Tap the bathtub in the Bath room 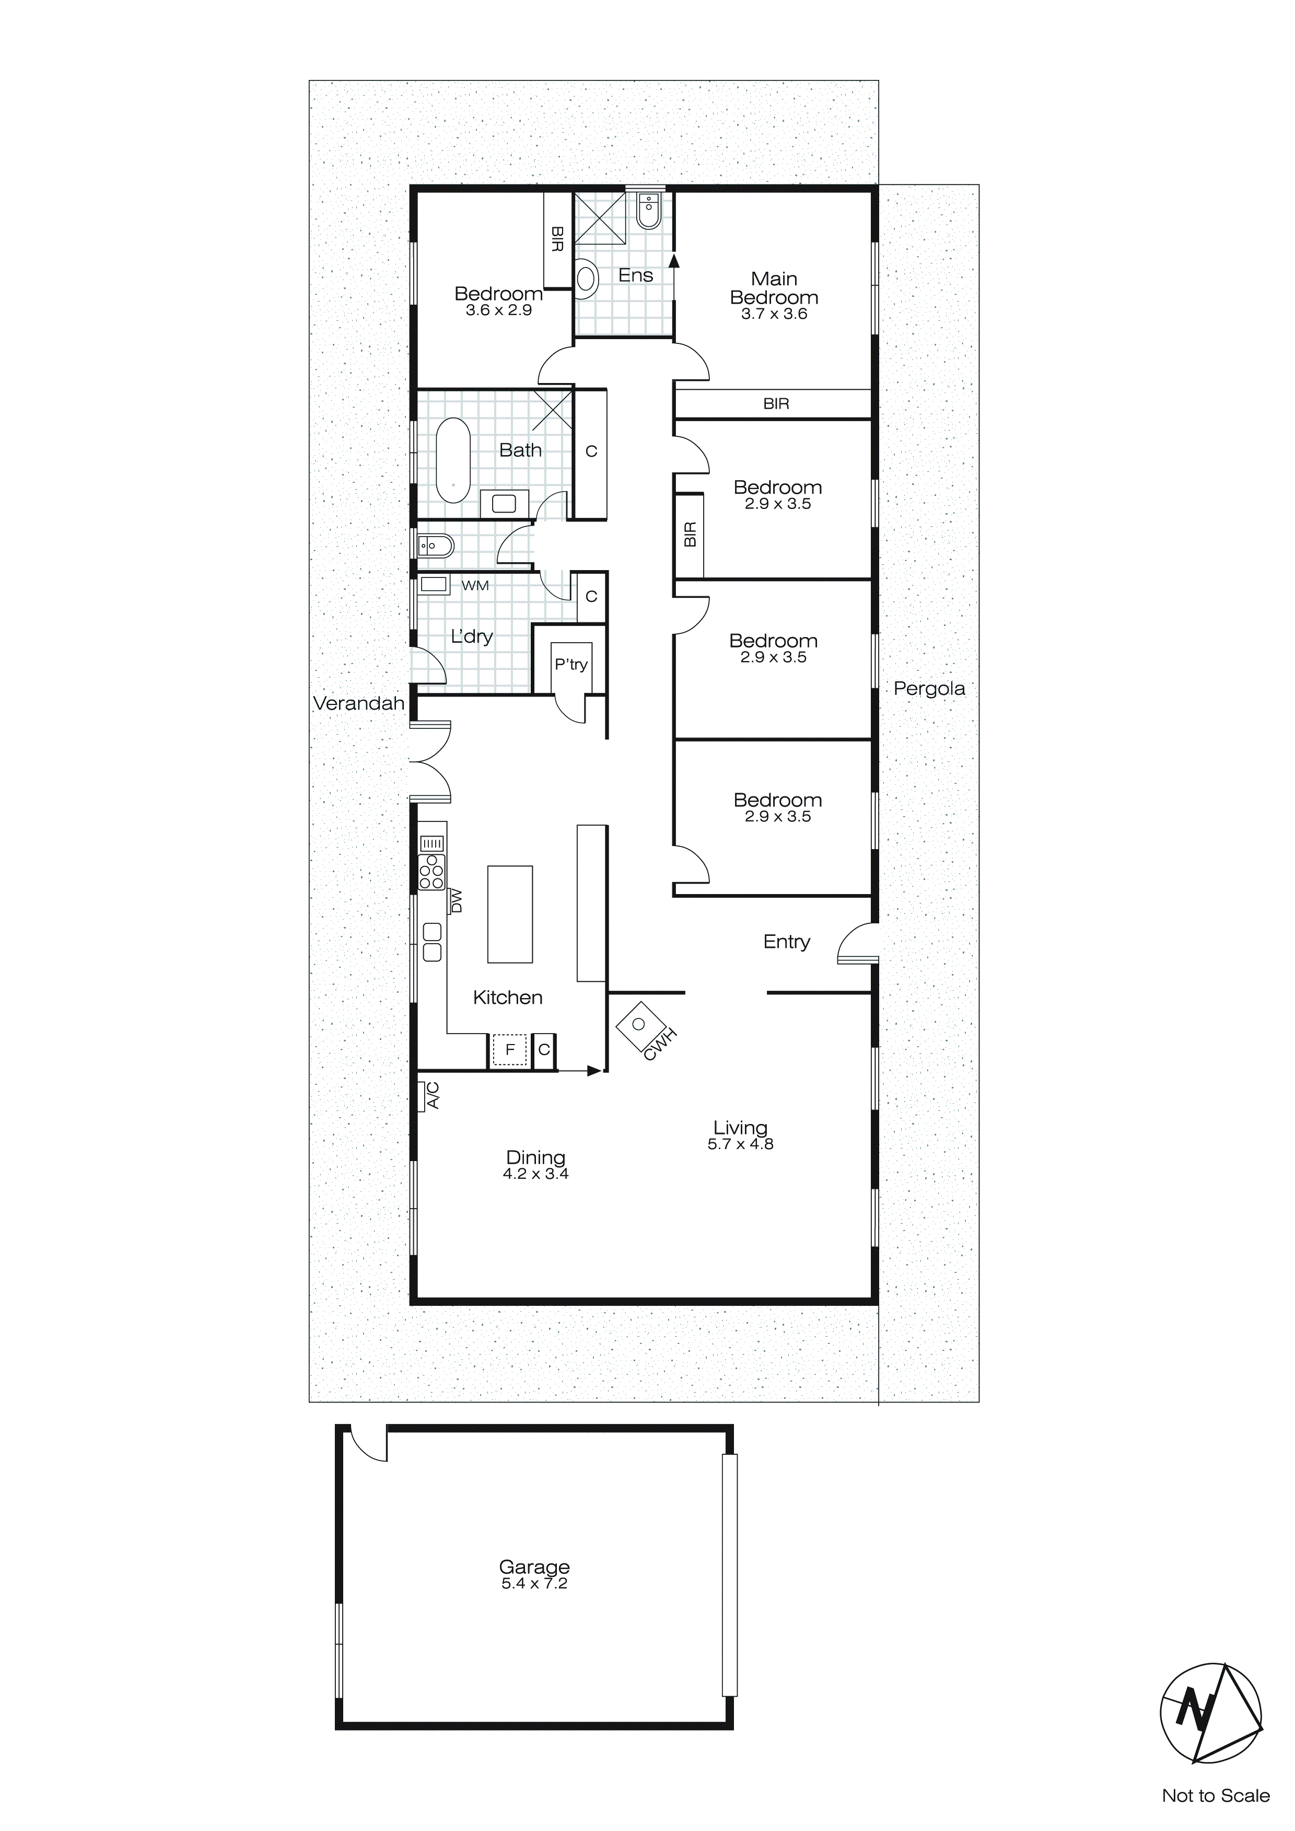point(453,460)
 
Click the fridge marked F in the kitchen point(509,1049)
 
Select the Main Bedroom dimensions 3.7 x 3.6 point(774,314)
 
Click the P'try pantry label point(571,664)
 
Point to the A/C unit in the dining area point(428,1095)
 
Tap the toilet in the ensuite point(649,211)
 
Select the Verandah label point(359,703)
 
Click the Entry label point(786,942)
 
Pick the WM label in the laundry point(475,585)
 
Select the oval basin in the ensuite point(587,280)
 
